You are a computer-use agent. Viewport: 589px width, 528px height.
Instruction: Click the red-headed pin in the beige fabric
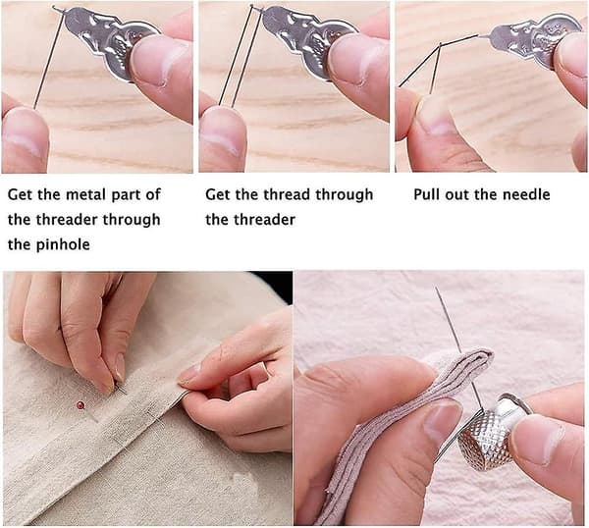pyautogui.click(x=80, y=405)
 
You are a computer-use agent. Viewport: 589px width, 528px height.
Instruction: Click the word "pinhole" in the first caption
pyautogui.click(x=64, y=244)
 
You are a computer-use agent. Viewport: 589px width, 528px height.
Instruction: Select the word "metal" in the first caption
pyautogui.click(x=84, y=194)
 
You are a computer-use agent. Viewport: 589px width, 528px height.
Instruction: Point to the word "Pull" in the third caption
pyautogui.click(x=426, y=194)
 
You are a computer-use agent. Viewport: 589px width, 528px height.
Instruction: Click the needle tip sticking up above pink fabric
pyautogui.click(x=437, y=289)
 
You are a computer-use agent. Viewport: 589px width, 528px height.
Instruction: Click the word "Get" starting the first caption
pyautogui.click(x=20, y=194)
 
